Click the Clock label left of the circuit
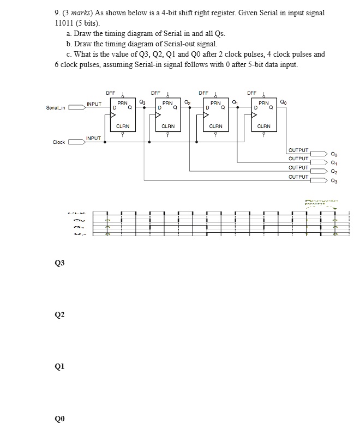58,142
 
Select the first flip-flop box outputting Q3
123,114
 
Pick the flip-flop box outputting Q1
216,114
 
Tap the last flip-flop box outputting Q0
263,114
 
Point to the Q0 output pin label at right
334,154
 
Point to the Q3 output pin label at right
334,180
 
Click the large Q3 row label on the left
59,263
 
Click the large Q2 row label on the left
59,315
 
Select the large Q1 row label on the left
59,367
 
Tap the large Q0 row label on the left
59,419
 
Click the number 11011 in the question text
66,23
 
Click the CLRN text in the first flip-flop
123,126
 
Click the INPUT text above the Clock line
94,138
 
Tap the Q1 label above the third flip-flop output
235,101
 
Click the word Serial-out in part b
180,43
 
